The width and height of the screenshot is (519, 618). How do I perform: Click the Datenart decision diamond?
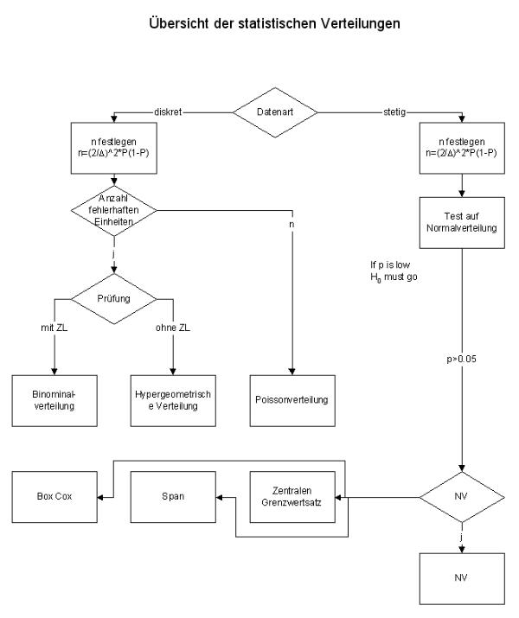(x=275, y=112)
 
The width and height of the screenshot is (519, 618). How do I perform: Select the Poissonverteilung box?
(x=292, y=400)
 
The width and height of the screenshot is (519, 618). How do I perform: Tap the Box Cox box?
(x=54, y=497)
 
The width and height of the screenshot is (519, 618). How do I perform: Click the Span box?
(x=173, y=497)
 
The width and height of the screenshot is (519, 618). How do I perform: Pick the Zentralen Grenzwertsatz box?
(x=292, y=497)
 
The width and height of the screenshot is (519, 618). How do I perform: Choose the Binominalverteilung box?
(x=54, y=400)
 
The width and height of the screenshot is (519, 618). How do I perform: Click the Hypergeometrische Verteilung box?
(x=173, y=400)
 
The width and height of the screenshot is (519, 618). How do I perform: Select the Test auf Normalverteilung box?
(x=462, y=223)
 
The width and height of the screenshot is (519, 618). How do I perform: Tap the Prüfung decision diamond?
(x=114, y=299)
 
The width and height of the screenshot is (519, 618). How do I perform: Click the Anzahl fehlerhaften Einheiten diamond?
(x=114, y=211)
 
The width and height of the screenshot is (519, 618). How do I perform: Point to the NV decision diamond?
(x=462, y=497)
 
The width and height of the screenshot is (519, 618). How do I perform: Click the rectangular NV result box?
(x=462, y=578)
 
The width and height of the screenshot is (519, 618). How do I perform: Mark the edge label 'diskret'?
(x=168, y=112)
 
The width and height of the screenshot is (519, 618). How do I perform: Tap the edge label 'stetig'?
(x=394, y=112)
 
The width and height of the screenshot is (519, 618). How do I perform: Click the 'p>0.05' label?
(x=461, y=359)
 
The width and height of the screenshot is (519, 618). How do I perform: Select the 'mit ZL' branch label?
(x=54, y=328)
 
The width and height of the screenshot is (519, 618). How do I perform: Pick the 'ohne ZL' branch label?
(x=173, y=328)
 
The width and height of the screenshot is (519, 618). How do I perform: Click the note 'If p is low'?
(x=390, y=264)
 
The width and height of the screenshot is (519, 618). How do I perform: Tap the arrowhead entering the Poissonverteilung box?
(x=292, y=372)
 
